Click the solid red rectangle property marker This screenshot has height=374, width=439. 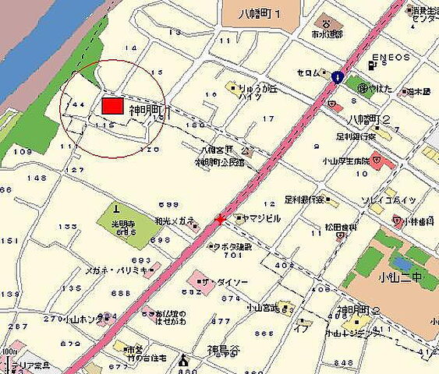click(x=112, y=105)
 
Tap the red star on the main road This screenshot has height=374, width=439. click(x=220, y=220)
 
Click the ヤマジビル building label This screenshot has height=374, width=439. click(x=258, y=218)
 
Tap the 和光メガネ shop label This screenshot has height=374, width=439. click(x=175, y=221)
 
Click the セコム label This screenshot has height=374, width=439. click(x=308, y=74)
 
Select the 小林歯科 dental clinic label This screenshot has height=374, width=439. click(x=417, y=221)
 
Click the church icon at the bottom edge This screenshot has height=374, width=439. click(x=184, y=361)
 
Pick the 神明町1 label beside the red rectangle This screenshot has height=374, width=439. click(x=149, y=111)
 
